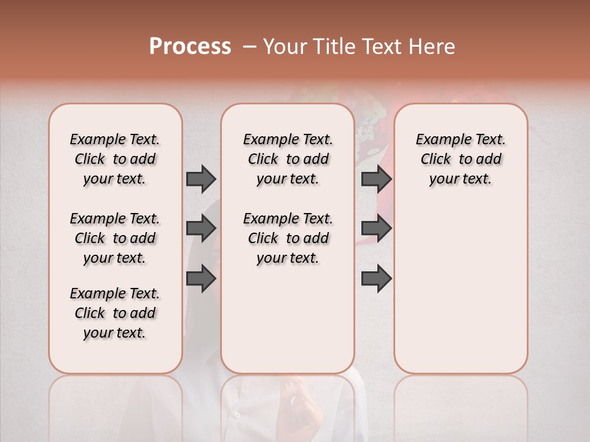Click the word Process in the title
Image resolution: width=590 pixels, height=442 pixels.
click(x=190, y=47)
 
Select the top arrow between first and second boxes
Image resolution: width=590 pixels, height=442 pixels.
click(x=201, y=179)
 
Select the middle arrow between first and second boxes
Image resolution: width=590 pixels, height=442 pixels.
click(x=201, y=228)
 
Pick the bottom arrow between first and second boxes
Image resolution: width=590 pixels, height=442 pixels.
click(x=201, y=279)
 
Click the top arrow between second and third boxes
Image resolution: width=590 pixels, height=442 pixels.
click(x=376, y=179)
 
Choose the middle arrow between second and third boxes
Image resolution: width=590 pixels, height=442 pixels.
click(x=376, y=228)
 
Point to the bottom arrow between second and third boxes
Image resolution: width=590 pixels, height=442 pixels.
click(x=376, y=279)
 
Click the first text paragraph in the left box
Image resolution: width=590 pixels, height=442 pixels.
click(x=115, y=159)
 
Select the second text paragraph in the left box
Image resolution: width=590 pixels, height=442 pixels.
click(x=115, y=238)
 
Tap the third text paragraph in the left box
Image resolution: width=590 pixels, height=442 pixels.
click(x=115, y=313)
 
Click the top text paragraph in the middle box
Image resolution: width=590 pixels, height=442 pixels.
click(x=288, y=159)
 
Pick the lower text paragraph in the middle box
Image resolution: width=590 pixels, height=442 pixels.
click(x=288, y=238)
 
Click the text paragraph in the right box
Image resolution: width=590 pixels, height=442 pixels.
click(x=460, y=159)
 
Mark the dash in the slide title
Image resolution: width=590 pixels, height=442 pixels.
click(x=250, y=47)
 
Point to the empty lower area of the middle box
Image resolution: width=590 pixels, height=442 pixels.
click(x=288, y=319)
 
